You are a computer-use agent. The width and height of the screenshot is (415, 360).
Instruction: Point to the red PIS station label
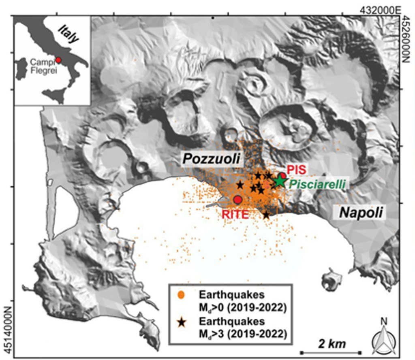(x=295, y=168)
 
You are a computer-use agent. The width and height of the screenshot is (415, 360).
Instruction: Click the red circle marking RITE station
(x=238, y=199)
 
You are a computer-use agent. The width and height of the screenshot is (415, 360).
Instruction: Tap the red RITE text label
(x=235, y=214)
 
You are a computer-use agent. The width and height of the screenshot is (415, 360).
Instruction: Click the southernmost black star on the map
(x=266, y=215)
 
